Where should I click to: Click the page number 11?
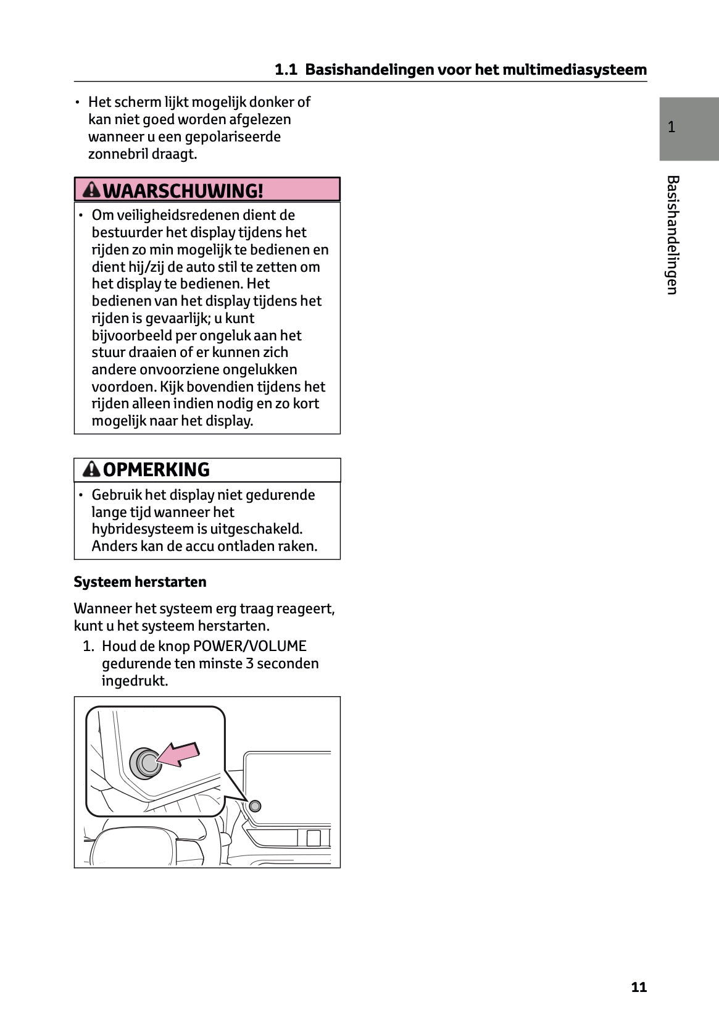[639, 986]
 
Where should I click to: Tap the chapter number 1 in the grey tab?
[671, 128]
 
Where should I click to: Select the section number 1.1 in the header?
[286, 70]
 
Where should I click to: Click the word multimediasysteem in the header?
[575, 70]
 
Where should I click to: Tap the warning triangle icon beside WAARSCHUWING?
[91, 190]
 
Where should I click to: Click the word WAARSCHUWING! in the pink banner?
[183, 190]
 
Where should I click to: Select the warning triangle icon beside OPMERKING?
[91, 469]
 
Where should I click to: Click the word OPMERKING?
[156, 470]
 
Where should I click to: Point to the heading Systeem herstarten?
[140, 582]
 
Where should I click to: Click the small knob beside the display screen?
[255, 805]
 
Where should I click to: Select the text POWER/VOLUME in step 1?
[250, 646]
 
